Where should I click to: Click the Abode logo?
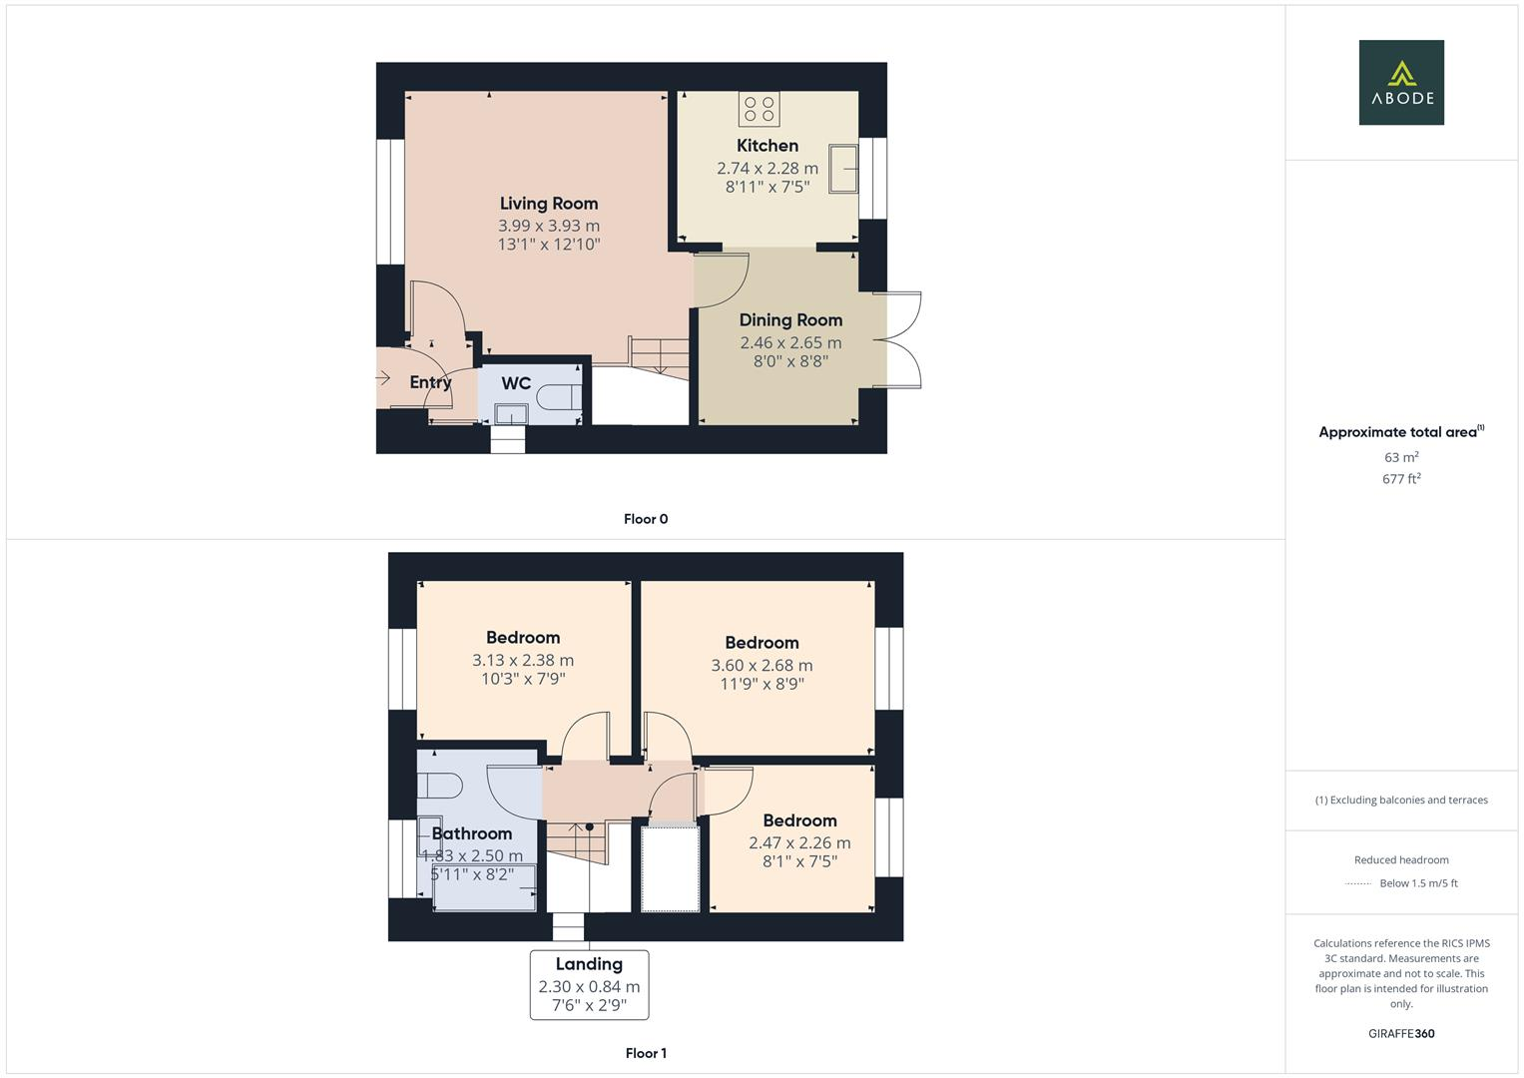click(1401, 82)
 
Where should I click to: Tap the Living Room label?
click(549, 204)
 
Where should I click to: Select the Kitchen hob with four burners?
click(760, 109)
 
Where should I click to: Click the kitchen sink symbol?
click(846, 170)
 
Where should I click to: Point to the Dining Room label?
click(790, 320)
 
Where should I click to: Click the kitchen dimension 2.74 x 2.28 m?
click(767, 169)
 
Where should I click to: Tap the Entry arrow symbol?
click(382, 378)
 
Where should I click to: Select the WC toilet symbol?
click(559, 397)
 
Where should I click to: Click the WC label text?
click(516, 383)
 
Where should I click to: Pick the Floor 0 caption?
click(646, 519)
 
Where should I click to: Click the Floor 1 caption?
click(646, 1053)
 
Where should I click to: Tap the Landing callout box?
click(589, 984)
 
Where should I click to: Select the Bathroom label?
click(472, 833)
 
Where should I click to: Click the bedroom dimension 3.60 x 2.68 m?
click(762, 666)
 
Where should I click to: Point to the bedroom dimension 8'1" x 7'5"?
click(799, 861)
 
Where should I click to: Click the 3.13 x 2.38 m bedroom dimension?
click(523, 661)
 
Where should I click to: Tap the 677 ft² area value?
click(1401, 479)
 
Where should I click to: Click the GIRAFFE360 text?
click(1401, 1033)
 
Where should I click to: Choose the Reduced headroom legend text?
click(1401, 860)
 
